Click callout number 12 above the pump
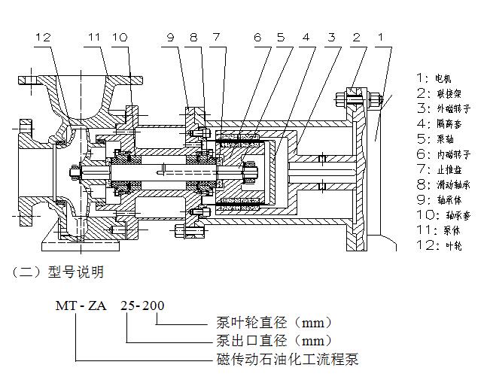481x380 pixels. pos(44,36)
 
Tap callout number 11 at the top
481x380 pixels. pos(93,36)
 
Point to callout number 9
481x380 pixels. pos(171,36)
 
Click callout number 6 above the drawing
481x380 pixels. pos(257,36)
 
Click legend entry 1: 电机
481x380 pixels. pos(434,78)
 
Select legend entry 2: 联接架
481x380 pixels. pos(438,94)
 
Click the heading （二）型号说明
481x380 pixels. pos(56,272)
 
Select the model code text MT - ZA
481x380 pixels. pos(81,306)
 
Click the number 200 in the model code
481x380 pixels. pos(154,306)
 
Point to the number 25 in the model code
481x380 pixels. pos(129,306)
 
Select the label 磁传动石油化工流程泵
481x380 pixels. pos(287,359)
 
